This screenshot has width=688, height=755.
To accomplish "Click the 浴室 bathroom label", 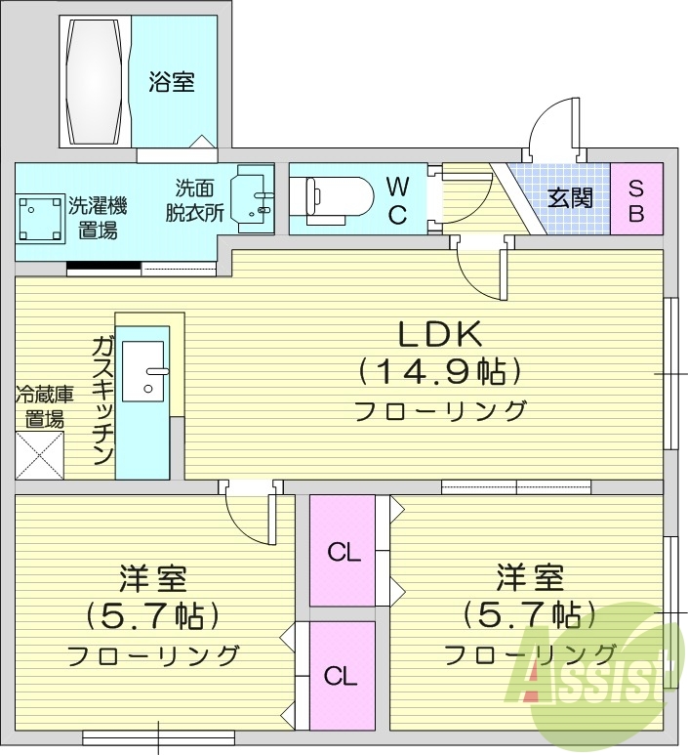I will [x=172, y=82].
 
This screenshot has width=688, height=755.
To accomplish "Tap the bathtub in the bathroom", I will [x=96, y=82].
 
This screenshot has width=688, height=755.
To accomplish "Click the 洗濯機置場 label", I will [x=98, y=218].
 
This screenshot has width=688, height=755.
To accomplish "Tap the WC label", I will [x=397, y=200].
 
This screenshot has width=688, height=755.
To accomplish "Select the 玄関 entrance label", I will [x=570, y=198].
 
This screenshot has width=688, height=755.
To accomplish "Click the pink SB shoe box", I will [x=636, y=199].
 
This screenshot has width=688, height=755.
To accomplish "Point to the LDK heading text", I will [x=439, y=334].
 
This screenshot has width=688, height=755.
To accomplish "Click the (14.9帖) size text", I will [x=439, y=372].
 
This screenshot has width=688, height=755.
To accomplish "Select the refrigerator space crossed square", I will [x=40, y=454].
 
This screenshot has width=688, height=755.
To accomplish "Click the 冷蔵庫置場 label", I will [x=44, y=407].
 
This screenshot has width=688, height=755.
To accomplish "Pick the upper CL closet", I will [x=344, y=552].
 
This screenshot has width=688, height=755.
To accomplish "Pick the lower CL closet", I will [x=341, y=676].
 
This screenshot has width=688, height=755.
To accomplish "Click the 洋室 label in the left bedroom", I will [x=153, y=578].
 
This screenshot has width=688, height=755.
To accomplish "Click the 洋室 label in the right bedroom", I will [x=530, y=578].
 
